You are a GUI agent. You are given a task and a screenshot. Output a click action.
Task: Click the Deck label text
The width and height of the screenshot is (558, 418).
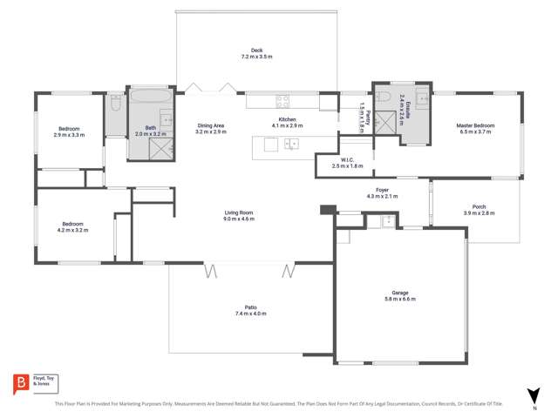(256, 51)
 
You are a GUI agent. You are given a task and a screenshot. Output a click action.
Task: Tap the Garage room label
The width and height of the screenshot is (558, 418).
(400, 293)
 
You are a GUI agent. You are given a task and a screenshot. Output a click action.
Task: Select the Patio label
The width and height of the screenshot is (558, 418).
(250, 307)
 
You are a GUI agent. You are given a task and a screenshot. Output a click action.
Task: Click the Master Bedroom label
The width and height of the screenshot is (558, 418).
(475, 125)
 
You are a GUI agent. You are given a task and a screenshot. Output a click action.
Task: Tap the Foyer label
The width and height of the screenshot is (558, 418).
(382, 190)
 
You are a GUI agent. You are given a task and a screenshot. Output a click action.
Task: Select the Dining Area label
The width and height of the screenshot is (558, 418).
(210, 125)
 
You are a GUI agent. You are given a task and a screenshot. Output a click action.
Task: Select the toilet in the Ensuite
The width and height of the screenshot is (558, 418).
(384, 97)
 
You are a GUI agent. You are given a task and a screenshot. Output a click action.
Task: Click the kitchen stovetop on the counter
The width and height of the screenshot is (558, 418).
(282, 99)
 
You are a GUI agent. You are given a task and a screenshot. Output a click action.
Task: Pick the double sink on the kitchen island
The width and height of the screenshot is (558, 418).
(291, 143)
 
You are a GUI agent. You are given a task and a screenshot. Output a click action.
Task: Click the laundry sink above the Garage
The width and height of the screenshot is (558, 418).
(384, 221)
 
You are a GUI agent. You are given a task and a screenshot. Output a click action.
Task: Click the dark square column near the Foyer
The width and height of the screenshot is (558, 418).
(327, 210)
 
